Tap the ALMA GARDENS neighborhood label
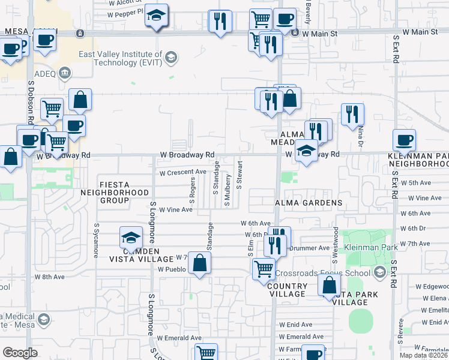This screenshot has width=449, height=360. pos(309,203)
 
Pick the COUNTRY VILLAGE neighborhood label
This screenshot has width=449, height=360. pos(287,290)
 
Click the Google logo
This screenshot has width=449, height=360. pos(20,353)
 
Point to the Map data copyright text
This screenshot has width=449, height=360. pos(424,355)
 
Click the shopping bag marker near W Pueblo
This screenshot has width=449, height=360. pos(200,262)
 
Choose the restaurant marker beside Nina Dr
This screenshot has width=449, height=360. pos(352,115)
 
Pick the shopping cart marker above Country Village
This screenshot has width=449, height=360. pos(264,269)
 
